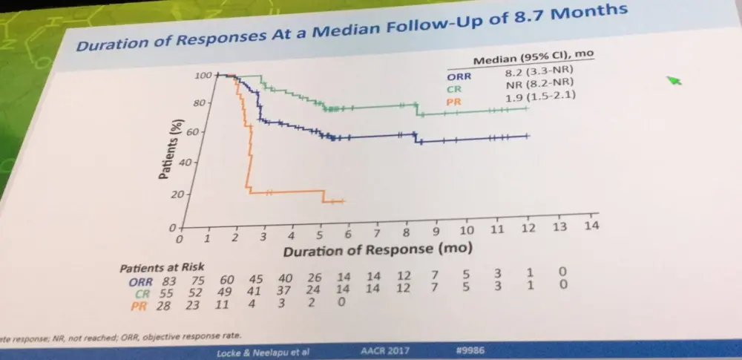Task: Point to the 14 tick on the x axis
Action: pyautogui.click(x=591, y=226)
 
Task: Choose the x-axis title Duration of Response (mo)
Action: pyautogui.click(x=376, y=250)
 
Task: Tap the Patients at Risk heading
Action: pyautogui.click(x=162, y=267)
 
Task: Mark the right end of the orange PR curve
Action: pyautogui.click(x=343, y=201)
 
